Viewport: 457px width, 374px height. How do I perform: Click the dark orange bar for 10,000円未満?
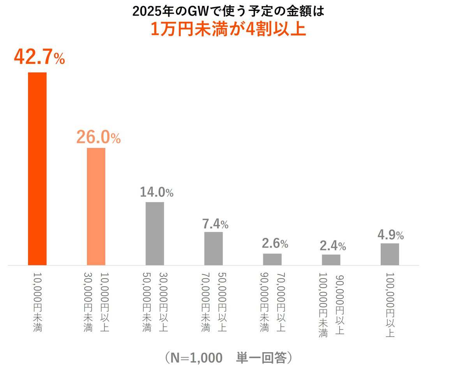point(37,169)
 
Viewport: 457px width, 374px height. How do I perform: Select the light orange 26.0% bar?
point(96,206)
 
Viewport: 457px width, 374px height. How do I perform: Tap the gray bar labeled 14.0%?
point(155,233)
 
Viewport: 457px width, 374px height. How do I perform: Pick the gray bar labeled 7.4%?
point(214,249)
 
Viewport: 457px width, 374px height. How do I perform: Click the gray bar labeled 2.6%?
point(272,259)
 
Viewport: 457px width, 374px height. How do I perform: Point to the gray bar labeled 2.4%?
point(331,260)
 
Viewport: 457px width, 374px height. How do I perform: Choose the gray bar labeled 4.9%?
point(390,254)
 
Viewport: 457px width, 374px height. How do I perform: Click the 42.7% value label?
point(39,57)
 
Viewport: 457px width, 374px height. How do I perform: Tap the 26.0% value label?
point(98,137)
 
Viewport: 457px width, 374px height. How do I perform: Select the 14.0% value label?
point(157,192)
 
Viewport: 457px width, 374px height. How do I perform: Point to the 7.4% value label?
point(215,224)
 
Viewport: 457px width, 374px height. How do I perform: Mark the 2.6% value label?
point(275,244)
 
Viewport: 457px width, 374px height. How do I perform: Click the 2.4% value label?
point(333,246)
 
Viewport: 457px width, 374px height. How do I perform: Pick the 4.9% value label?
point(390,235)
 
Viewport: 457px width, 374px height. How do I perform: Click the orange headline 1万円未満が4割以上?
point(228,30)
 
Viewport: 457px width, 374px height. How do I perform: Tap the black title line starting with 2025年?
point(228,11)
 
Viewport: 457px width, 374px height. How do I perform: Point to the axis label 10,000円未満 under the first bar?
point(37,302)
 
